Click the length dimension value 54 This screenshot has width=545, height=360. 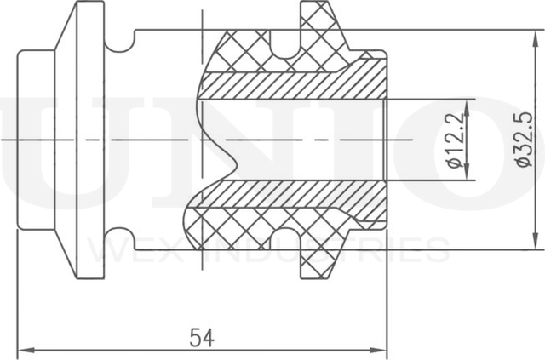click(202, 337)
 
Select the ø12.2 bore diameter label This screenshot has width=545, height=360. click(456, 140)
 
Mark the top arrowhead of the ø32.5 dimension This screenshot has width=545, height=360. click(535, 35)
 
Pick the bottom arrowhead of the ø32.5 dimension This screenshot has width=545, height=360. click(535, 244)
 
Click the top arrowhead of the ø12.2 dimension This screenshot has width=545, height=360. click(467, 104)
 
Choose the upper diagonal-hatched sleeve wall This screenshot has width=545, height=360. click(290, 83)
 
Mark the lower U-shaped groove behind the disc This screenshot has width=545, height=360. click(121, 239)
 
